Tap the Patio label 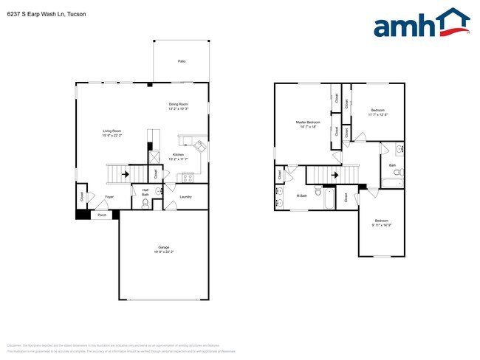(x=181, y=61)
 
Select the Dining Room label (x=179, y=104)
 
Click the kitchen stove (x=187, y=176)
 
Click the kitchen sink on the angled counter (x=199, y=145)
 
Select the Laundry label (x=185, y=197)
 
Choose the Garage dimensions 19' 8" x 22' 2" (x=163, y=252)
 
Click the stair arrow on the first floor (x=124, y=175)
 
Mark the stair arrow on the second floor (x=336, y=175)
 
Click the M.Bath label (x=302, y=196)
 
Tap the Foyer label (x=109, y=197)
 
